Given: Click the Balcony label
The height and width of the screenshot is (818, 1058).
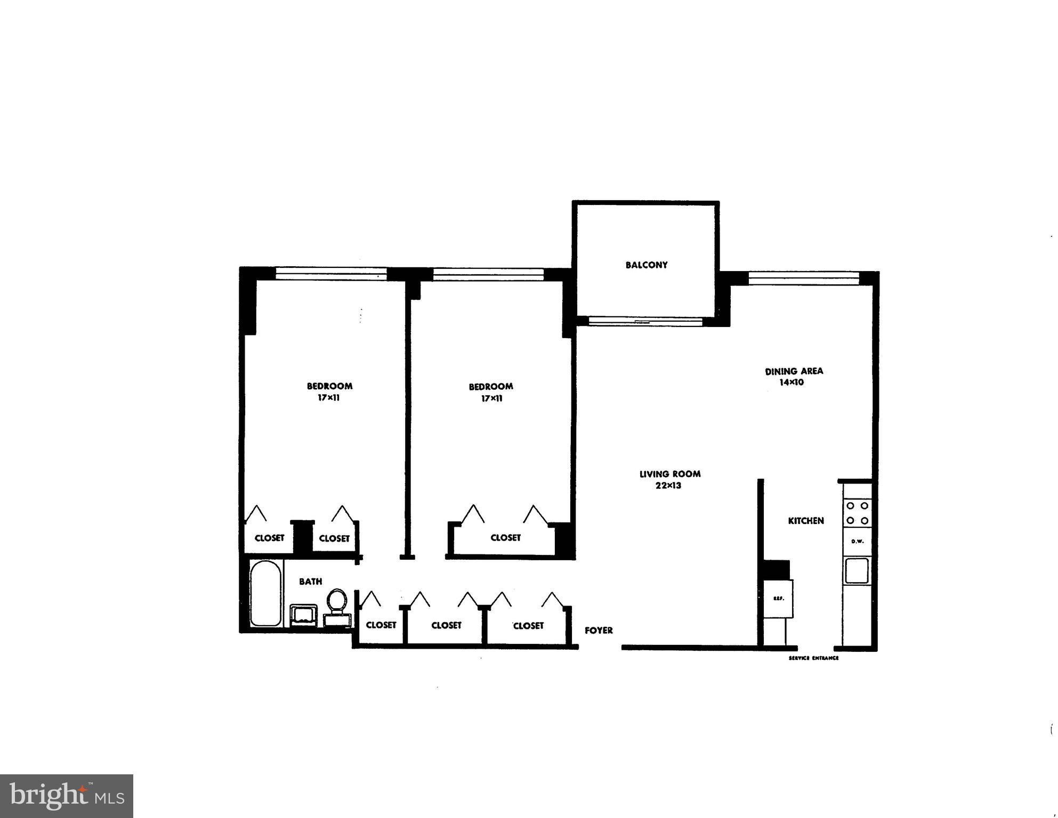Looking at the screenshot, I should tap(646, 265).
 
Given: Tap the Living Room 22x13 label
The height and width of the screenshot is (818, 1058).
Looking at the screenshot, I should tap(669, 479).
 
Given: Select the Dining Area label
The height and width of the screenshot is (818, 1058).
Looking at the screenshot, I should tap(794, 371).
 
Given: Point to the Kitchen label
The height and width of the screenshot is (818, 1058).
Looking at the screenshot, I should tap(805, 521).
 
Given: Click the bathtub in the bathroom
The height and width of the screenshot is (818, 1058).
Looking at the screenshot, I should tap(265, 593).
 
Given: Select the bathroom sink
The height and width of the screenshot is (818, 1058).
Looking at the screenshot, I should tap(304, 615).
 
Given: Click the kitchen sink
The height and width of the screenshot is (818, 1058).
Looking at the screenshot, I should tap(857, 570).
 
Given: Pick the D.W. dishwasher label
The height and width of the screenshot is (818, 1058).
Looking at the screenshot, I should tap(857, 541).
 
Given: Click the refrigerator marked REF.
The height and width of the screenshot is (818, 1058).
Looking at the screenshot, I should tap(778, 599).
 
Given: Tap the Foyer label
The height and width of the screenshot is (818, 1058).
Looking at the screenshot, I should tap(599, 631).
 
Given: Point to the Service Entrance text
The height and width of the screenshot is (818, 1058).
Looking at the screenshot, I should tap(813, 658).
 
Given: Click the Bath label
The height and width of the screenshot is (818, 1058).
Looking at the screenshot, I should tap(310, 582).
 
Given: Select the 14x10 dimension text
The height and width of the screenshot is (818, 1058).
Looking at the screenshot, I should tap(792, 382).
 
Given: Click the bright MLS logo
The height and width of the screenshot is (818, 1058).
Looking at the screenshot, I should tap(67, 796).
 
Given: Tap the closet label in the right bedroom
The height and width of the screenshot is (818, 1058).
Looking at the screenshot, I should tap(505, 538).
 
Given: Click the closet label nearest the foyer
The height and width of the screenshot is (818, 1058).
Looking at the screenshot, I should tap(528, 626).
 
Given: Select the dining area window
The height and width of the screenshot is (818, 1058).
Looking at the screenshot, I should tap(804, 279).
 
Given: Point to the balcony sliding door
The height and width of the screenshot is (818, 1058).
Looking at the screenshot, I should tap(645, 322).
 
